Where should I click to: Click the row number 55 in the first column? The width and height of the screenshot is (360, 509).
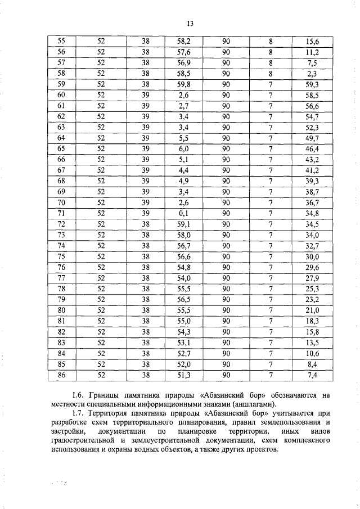pyautogui.click(x=62, y=41)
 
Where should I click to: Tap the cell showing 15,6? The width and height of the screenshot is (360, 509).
pyautogui.click(x=312, y=41)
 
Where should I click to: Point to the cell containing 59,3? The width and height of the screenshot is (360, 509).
pyautogui.click(x=312, y=85)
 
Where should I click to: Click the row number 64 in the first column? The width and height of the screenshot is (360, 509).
pyautogui.click(x=62, y=138)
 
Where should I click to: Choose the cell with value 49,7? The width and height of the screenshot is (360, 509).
pyautogui.click(x=312, y=138)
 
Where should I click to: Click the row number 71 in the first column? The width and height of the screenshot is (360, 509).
pyautogui.click(x=62, y=213)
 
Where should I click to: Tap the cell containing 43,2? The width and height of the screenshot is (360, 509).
pyautogui.click(x=312, y=159)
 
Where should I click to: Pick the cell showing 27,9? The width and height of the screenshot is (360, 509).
pyautogui.click(x=312, y=278)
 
